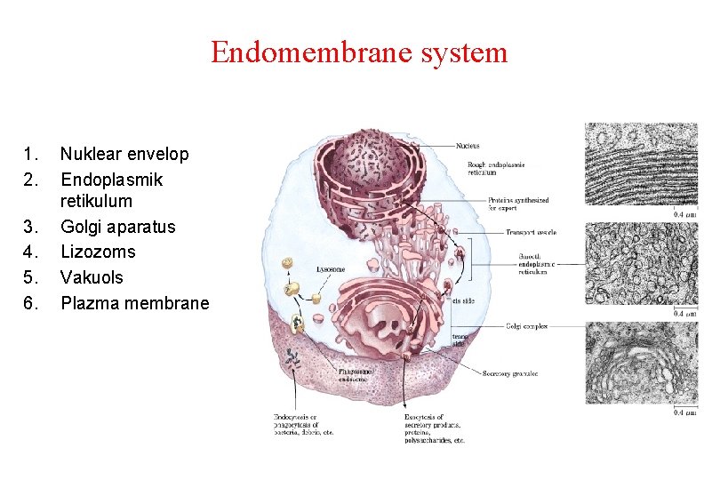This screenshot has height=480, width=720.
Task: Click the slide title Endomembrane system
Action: coord(359,52)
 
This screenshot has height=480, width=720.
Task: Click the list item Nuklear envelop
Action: coord(124,154)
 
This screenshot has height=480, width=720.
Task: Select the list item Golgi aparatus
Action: coord(117,227)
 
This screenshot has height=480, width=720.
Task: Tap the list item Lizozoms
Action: coord(98,252)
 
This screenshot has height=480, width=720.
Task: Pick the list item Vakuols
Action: coord(92,277)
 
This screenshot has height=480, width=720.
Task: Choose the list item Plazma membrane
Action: coord(134,303)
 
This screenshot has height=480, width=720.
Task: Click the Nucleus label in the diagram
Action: coord(468,146)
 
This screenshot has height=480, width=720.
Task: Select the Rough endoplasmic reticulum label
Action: coord(496,167)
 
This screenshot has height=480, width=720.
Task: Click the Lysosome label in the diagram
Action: coord(331,268)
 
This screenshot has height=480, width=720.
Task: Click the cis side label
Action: coord(464,300)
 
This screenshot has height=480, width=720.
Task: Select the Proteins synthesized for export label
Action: coord(518,204)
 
